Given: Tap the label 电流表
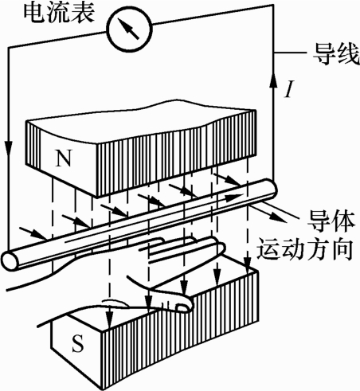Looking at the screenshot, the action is [x=59, y=13].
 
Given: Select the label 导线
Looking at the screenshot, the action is [x=336, y=55].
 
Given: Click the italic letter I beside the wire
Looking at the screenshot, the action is [x=289, y=89].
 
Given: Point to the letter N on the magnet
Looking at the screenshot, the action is [x=64, y=158].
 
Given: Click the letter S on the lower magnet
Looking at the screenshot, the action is [x=77, y=343].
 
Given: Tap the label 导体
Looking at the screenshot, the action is [x=331, y=221].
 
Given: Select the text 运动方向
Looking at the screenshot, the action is [x=305, y=250].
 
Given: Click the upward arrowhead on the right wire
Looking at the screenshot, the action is [x=273, y=80].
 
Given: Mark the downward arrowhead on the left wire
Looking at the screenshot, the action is [x=9, y=147].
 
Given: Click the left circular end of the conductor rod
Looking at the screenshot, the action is [x=10, y=260].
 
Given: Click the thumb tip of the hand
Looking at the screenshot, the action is [x=183, y=306].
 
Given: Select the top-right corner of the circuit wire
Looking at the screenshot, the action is [x=273, y=5].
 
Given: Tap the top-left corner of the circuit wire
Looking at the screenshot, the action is [x=9, y=48].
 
